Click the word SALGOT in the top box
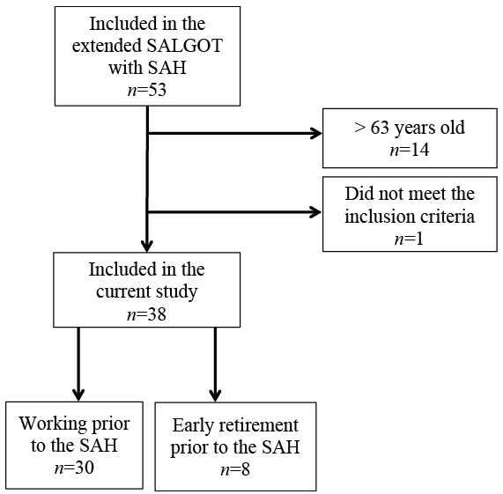pyautogui.click(x=184, y=46)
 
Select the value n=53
pyautogui.click(x=147, y=90)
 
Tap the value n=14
pyautogui.click(x=410, y=150)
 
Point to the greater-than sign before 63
pyautogui.click(x=360, y=128)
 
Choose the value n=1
pyautogui.click(x=410, y=239)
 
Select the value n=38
pyautogui.click(x=146, y=314)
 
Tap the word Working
pyautogui.click(x=53, y=424)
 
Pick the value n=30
pyautogui.click(x=74, y=468)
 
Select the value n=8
pyautogui.click(x=235, y=470)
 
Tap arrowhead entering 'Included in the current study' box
pyautogui.click(x=147, y=247)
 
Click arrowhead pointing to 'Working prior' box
pyautogui.click(x=78, y=395)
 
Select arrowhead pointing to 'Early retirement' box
pyautogui.click(x=215, y=395)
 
